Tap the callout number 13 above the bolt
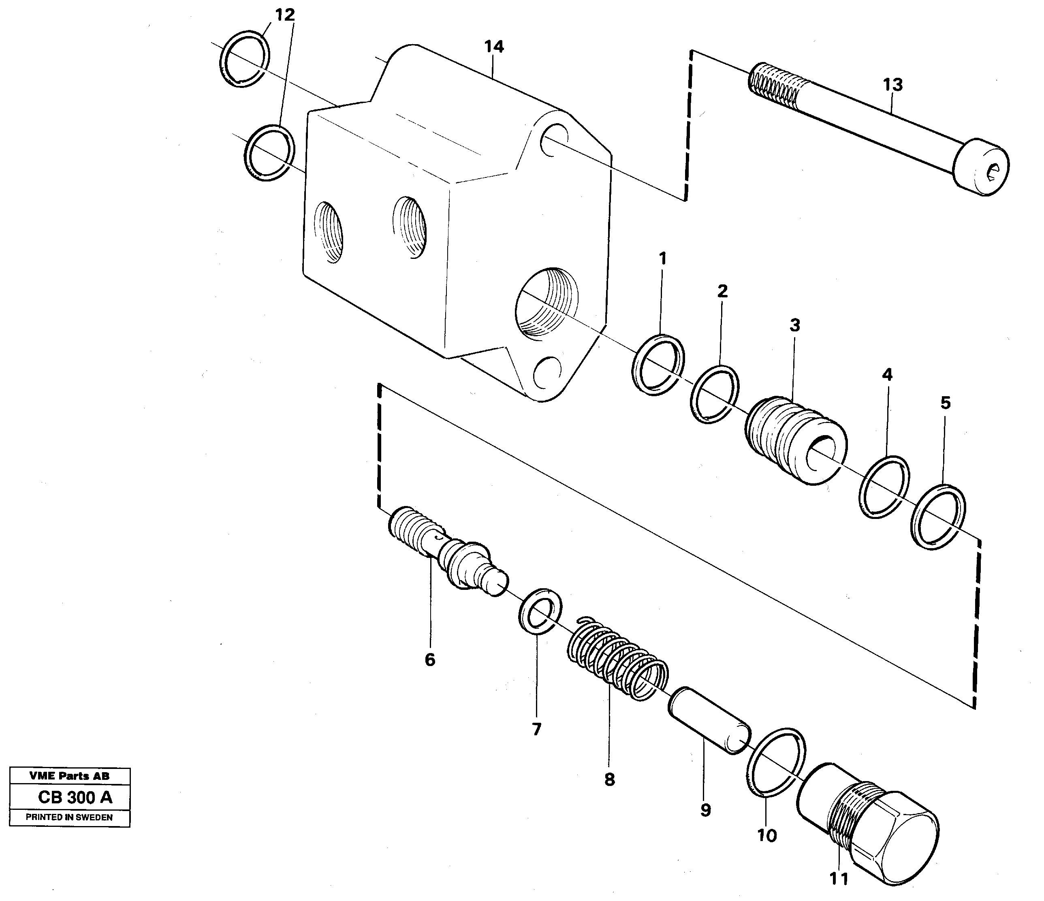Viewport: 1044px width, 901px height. point(893,85)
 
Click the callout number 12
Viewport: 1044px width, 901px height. point(285,15)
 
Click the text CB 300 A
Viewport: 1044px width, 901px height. point(75,797)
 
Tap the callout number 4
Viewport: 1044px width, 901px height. point(887,374)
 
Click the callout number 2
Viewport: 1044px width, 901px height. point(722,291)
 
